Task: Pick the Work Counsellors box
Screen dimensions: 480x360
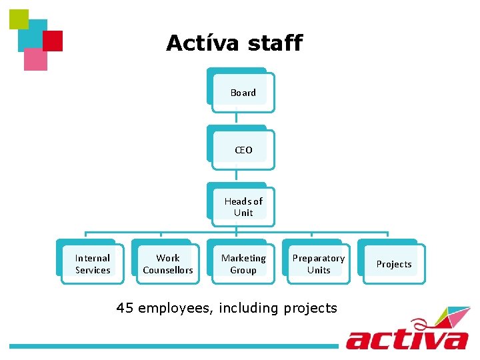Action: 168,264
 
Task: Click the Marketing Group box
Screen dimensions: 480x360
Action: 243,264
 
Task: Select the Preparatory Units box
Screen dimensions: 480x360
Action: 319,264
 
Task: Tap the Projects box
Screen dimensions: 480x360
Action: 393,264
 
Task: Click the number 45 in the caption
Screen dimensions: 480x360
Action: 124,308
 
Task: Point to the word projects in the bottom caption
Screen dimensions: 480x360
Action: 310,309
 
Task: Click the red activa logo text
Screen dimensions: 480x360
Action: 407,337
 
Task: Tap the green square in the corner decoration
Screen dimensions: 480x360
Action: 19,19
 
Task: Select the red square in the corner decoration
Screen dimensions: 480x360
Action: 53,41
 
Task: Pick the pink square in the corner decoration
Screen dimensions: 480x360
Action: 35,60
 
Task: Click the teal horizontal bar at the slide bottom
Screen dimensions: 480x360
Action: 173,346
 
